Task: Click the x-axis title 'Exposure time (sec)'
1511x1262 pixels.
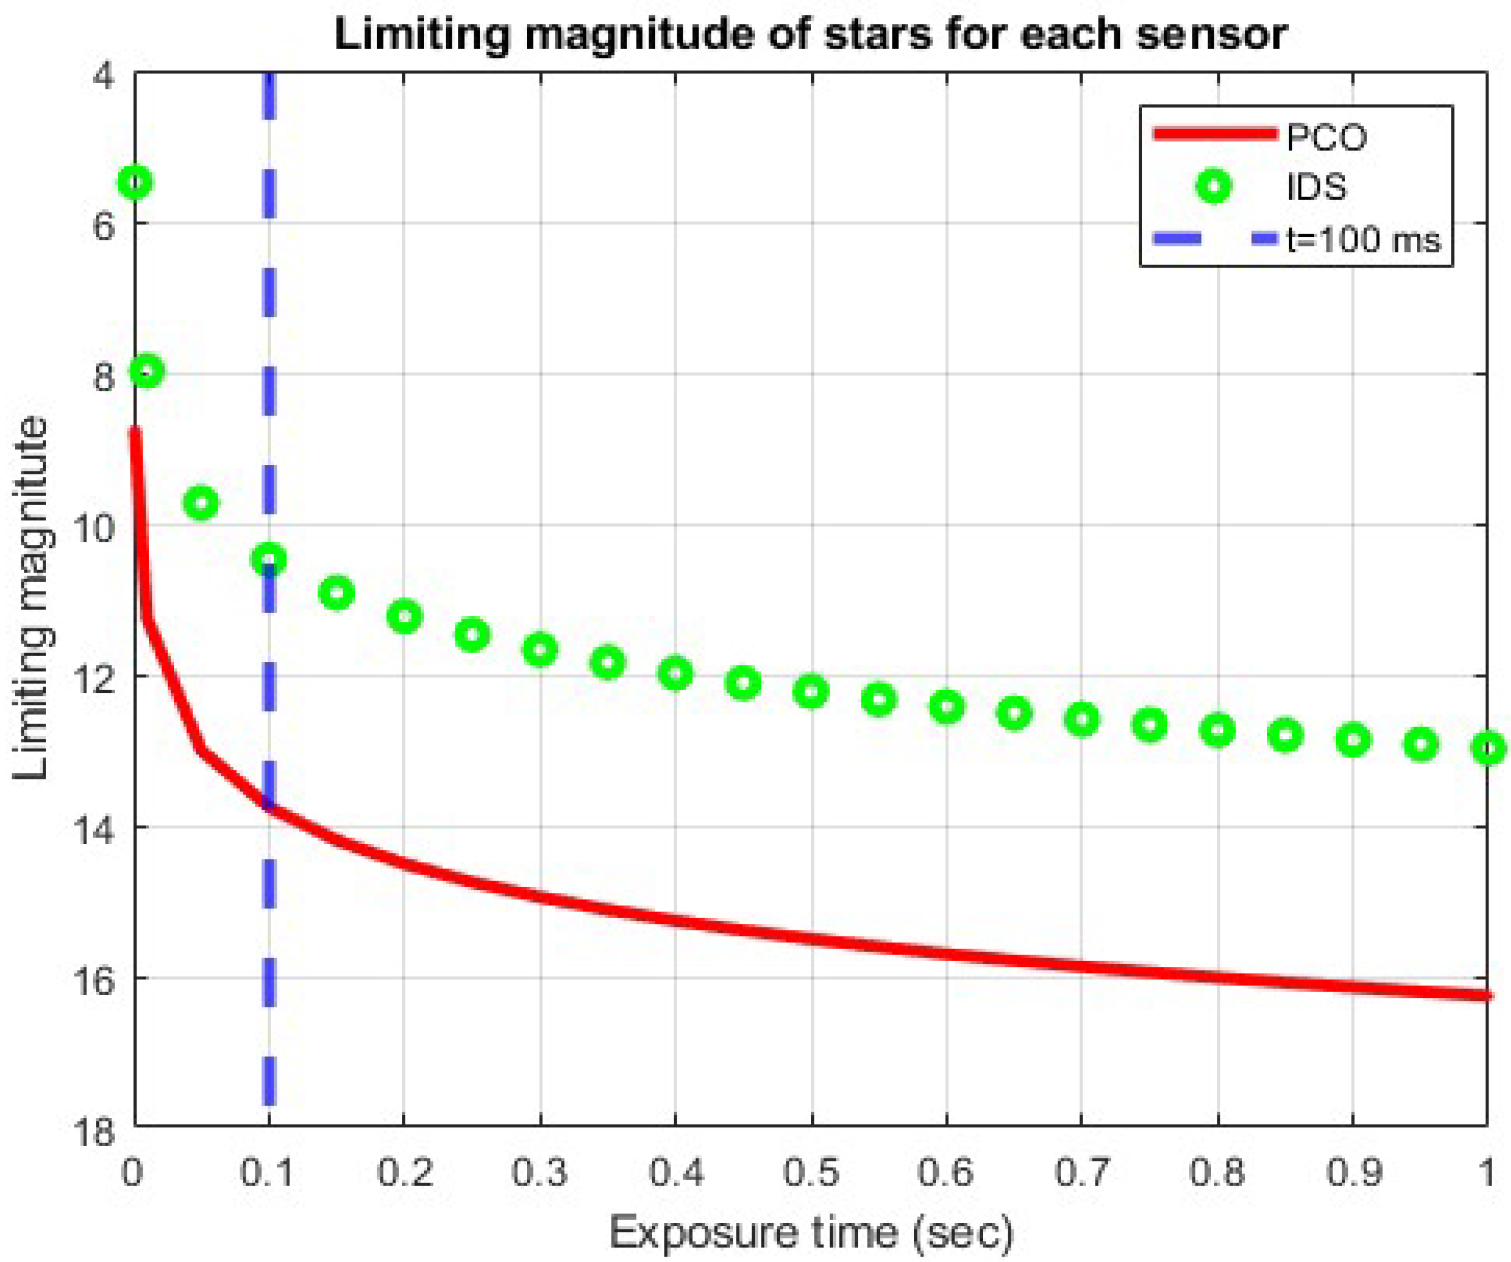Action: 811,1232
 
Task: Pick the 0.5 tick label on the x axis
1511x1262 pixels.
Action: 811,1172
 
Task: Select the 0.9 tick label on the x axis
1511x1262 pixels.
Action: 1354,1172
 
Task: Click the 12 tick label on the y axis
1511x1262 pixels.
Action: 97,677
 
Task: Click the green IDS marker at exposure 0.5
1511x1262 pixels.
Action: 812,692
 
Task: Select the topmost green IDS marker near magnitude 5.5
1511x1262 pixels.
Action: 135,182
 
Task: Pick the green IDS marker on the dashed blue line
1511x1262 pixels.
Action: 269,559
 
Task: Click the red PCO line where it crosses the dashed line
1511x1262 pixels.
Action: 269,807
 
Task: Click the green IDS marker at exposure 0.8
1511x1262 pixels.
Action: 1217,730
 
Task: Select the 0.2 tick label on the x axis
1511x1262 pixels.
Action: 404,1172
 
